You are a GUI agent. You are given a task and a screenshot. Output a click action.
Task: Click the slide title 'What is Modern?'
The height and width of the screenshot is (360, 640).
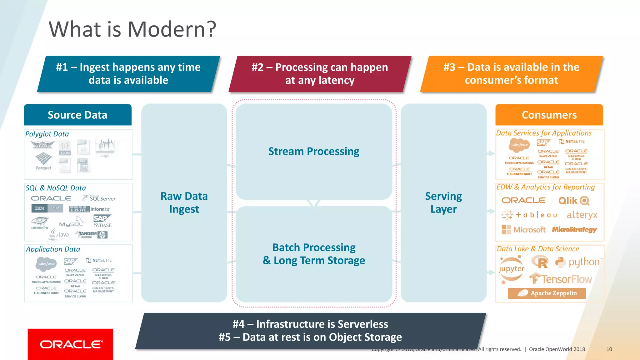[x=132, y=29]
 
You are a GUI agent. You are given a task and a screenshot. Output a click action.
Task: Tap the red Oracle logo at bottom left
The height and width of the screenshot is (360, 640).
[x=70, y=344]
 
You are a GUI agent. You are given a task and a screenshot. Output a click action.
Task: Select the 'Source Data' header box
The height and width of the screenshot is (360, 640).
[x=77, y=115]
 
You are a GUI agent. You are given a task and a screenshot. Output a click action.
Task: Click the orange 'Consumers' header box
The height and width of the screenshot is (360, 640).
[x=549, y=115]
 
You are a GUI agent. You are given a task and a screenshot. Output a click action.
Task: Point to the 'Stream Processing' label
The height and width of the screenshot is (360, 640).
[x=314, y=151]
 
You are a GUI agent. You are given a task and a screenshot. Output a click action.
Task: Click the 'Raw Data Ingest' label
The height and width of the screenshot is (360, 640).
[x=184, y=202]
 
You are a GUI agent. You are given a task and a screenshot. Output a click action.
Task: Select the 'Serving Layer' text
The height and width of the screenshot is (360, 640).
[x=443, y=202]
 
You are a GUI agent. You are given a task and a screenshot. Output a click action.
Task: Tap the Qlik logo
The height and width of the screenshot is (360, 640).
[x=574, y=201]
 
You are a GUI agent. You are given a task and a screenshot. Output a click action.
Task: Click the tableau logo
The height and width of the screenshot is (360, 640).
[x=530, y=215]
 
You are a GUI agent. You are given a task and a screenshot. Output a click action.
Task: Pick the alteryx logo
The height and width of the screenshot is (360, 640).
[x=582, y=215]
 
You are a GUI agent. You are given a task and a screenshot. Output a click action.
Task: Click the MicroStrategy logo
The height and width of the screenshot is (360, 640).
[x=574, y=229]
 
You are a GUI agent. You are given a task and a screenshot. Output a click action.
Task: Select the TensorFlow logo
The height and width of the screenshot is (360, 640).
[x=561, y=279]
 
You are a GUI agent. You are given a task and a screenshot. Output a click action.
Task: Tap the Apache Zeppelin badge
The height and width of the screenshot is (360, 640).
[x=547, y=293]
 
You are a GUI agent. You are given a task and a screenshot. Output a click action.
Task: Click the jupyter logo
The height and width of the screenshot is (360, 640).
[x=511, y=269]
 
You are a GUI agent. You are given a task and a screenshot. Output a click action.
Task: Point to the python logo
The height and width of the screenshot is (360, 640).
[x=578, y=262]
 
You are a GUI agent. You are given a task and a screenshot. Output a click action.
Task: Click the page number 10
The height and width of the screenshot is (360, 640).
[x=609, y=349]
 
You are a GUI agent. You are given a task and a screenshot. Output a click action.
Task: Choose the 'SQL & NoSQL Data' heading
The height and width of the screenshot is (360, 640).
[x=56, y=188]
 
